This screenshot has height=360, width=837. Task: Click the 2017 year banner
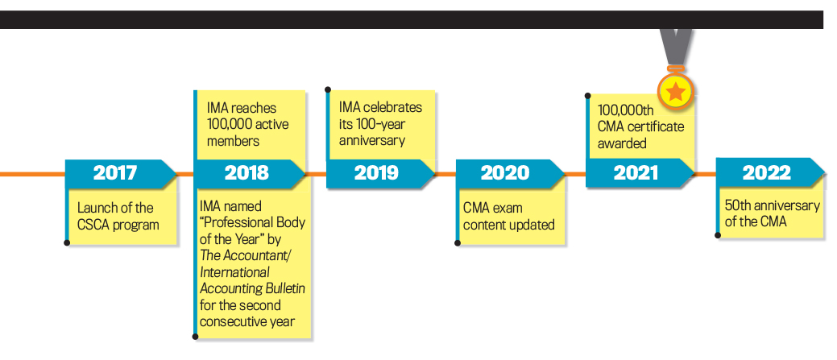[121, 173]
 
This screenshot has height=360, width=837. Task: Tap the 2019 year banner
[380, 173]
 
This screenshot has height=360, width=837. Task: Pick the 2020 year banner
[510, 173]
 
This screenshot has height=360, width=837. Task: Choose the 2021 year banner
[640, 173]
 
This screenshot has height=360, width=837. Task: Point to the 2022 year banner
[770, 173]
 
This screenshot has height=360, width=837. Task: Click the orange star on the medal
[676, 92]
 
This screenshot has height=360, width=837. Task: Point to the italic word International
[234, 272]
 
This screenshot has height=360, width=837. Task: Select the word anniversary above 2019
[371, 142]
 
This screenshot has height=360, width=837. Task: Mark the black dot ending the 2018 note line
[196, 337]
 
